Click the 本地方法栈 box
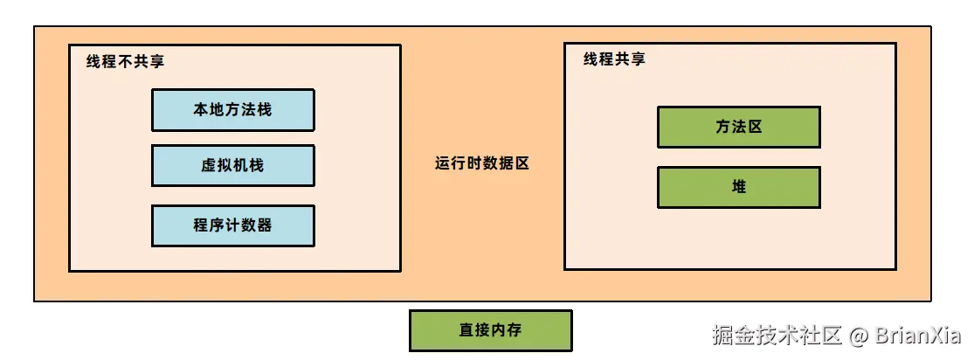pyautogui.click(x=232, y=110)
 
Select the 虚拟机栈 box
pyautogui.click(x=232, y=166)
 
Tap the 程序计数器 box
pyautogui.click(x=232, y=225)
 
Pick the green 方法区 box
pyautogui.click(x=738, y=128)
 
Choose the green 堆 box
pyautogui.click(x=738, y=187)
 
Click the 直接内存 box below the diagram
pyautogui.click(x=490, y=330)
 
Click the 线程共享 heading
pyautogui.click(x=614, y=60)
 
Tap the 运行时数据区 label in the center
pyautogui.click(x=482, y=163)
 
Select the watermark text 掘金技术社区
pyautogui.click(x=777, y=335)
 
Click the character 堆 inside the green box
pyautogui.click(x=739, y=187)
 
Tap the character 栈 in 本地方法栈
pyautogui.click(x=264, y=110)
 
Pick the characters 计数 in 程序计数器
pyautogui.click(x=232, y=225)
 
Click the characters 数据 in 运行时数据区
pyautogui.click(x=498, y=163)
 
